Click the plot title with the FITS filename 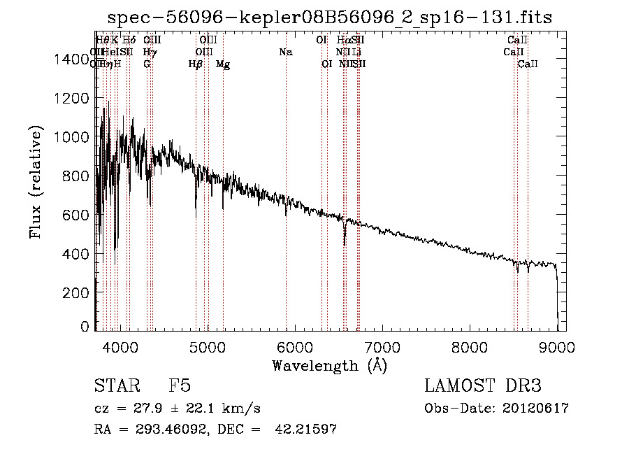[329, 17]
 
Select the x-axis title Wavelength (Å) [329, 365]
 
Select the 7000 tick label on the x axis [382, 346]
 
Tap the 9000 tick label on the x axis [557, 346]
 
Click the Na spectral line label [285, 52]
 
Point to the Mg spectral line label [223, 64]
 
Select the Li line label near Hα [357, 52]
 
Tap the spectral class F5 [180, 386]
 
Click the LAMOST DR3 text [483, 386]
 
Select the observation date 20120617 [540, 409]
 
